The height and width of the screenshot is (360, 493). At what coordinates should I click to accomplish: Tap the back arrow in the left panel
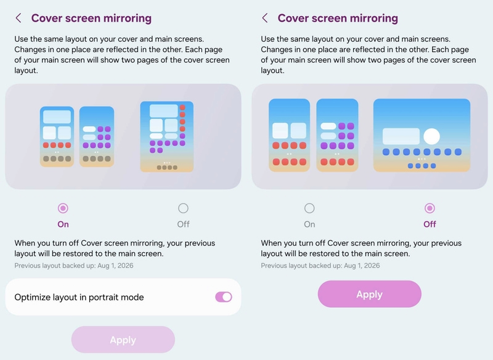coord(18,18)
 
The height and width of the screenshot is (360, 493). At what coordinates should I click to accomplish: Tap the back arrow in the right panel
coord(265,18)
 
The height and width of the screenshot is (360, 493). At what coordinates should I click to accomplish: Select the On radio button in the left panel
coord(63,208)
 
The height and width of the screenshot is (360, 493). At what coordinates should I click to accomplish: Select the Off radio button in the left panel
coord(183,208)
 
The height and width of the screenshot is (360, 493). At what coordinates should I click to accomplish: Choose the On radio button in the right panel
coord(309,208)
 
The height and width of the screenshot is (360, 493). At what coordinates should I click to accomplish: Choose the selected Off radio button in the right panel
coord(430,208)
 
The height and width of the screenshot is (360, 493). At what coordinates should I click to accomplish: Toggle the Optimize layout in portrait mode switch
coord(224,297)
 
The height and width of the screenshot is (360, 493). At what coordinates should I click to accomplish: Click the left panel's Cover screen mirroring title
coord(91,18)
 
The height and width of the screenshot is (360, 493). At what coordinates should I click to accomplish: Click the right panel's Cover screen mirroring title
coord(338,18)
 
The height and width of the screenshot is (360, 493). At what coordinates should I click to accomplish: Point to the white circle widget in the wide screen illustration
coord(431,136)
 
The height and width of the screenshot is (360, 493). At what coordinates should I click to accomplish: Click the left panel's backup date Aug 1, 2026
coord(115,266)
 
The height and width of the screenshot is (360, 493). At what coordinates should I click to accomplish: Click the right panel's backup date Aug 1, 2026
coord(362,266)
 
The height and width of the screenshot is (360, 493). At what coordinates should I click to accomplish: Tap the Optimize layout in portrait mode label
coord(79,297)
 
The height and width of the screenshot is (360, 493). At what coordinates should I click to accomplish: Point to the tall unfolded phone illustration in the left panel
coord(166,136)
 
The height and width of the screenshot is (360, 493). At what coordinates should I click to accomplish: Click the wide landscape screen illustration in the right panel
coord(422,135)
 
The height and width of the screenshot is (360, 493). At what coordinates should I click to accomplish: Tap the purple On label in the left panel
coord(63,224)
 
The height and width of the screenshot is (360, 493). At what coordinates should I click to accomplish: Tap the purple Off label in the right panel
coord(430,224)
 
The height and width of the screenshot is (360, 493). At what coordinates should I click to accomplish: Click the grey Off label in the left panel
coord(183,224)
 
